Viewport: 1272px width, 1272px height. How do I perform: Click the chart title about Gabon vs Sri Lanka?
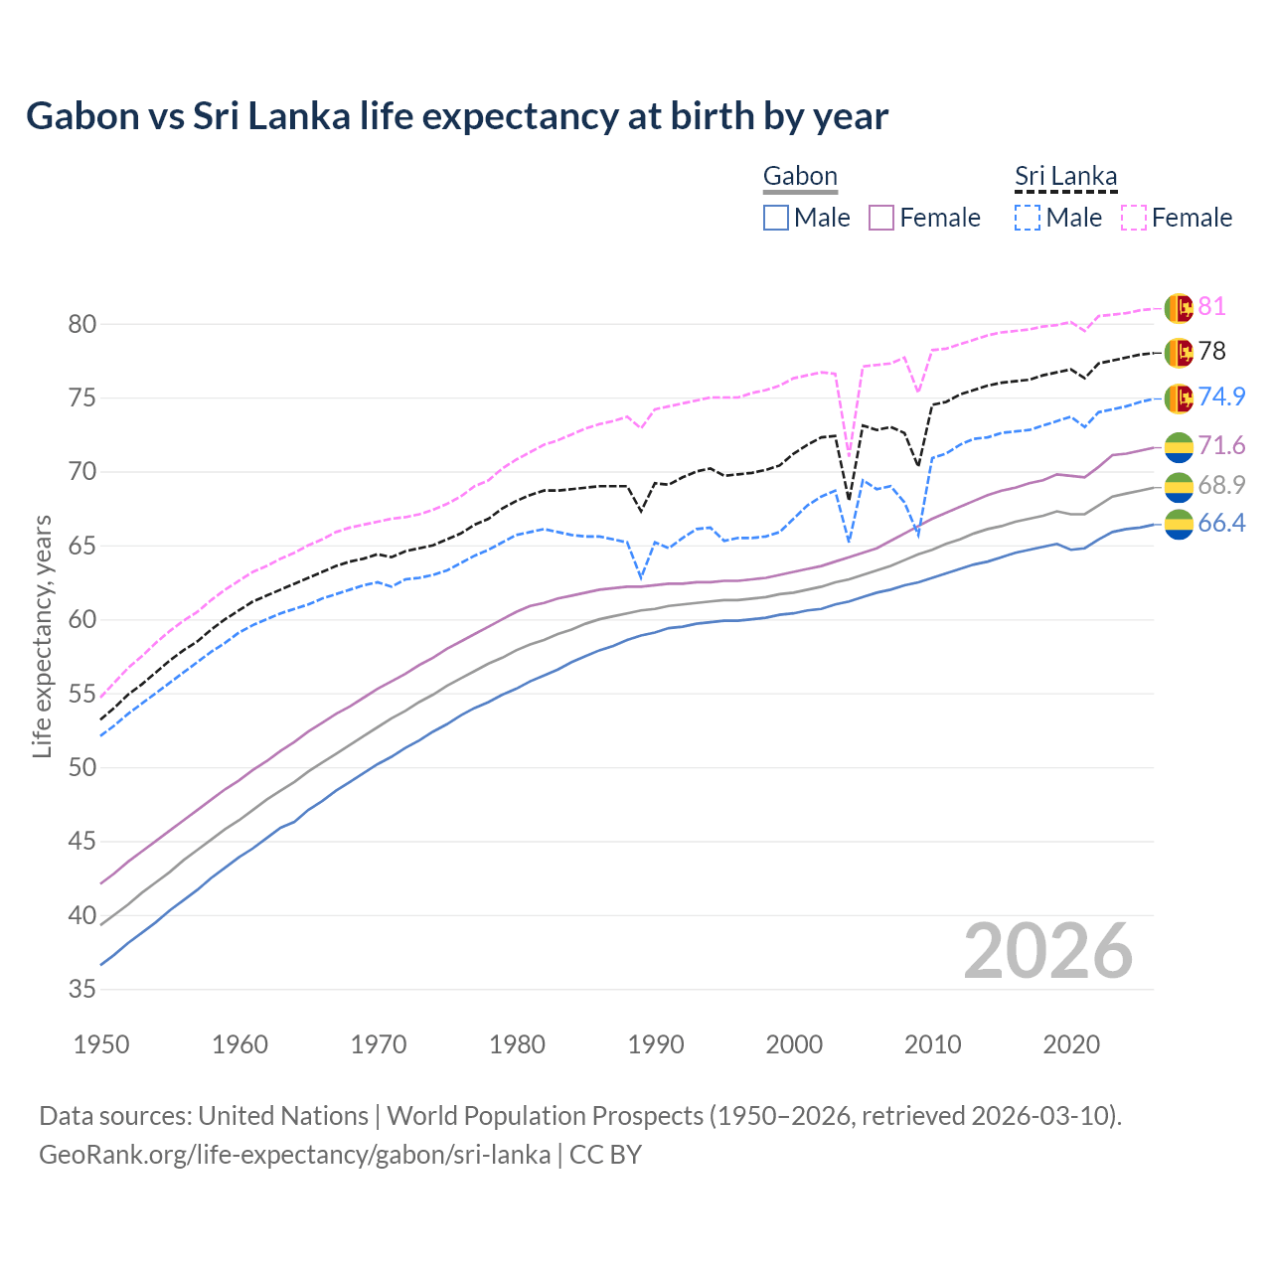(x=457, y=116)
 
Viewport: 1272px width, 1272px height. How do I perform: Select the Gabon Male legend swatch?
(x=776, y=218)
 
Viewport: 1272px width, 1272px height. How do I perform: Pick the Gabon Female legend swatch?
(x=881, y=218)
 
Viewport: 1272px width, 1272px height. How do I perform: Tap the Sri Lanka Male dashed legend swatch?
(x=1028, y=218)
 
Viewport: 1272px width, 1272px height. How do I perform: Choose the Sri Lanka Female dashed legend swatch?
(x=1133, y=218)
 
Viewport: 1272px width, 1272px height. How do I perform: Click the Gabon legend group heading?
(x=800, y=177)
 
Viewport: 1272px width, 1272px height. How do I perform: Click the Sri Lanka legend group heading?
(x=1065, y=177)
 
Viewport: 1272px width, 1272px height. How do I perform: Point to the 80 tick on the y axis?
(x=81, y=324)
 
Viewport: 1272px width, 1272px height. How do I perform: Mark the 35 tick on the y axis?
(x=81, y=990)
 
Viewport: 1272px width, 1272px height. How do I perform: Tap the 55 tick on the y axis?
(x=81, y=694)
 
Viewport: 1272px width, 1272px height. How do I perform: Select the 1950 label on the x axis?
(x=101, y=1044)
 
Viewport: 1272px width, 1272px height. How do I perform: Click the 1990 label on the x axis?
(x=656, y=1044)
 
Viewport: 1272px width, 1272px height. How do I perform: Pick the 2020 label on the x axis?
(x=1071, y=1044)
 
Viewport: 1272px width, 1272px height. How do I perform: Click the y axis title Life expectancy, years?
(x=42, y=636)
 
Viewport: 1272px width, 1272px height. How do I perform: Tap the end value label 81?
(x=1211, y=307)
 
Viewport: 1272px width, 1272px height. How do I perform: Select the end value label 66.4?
(x=1221, y=524)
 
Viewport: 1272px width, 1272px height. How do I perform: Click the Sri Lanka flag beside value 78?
(x=1179, y=352)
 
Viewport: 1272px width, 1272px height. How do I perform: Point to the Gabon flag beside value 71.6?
(x=1179, y=446)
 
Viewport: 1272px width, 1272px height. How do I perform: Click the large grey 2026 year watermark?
(x=1048, y=951)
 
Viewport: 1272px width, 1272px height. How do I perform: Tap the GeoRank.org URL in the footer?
(x=294, y=1155)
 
